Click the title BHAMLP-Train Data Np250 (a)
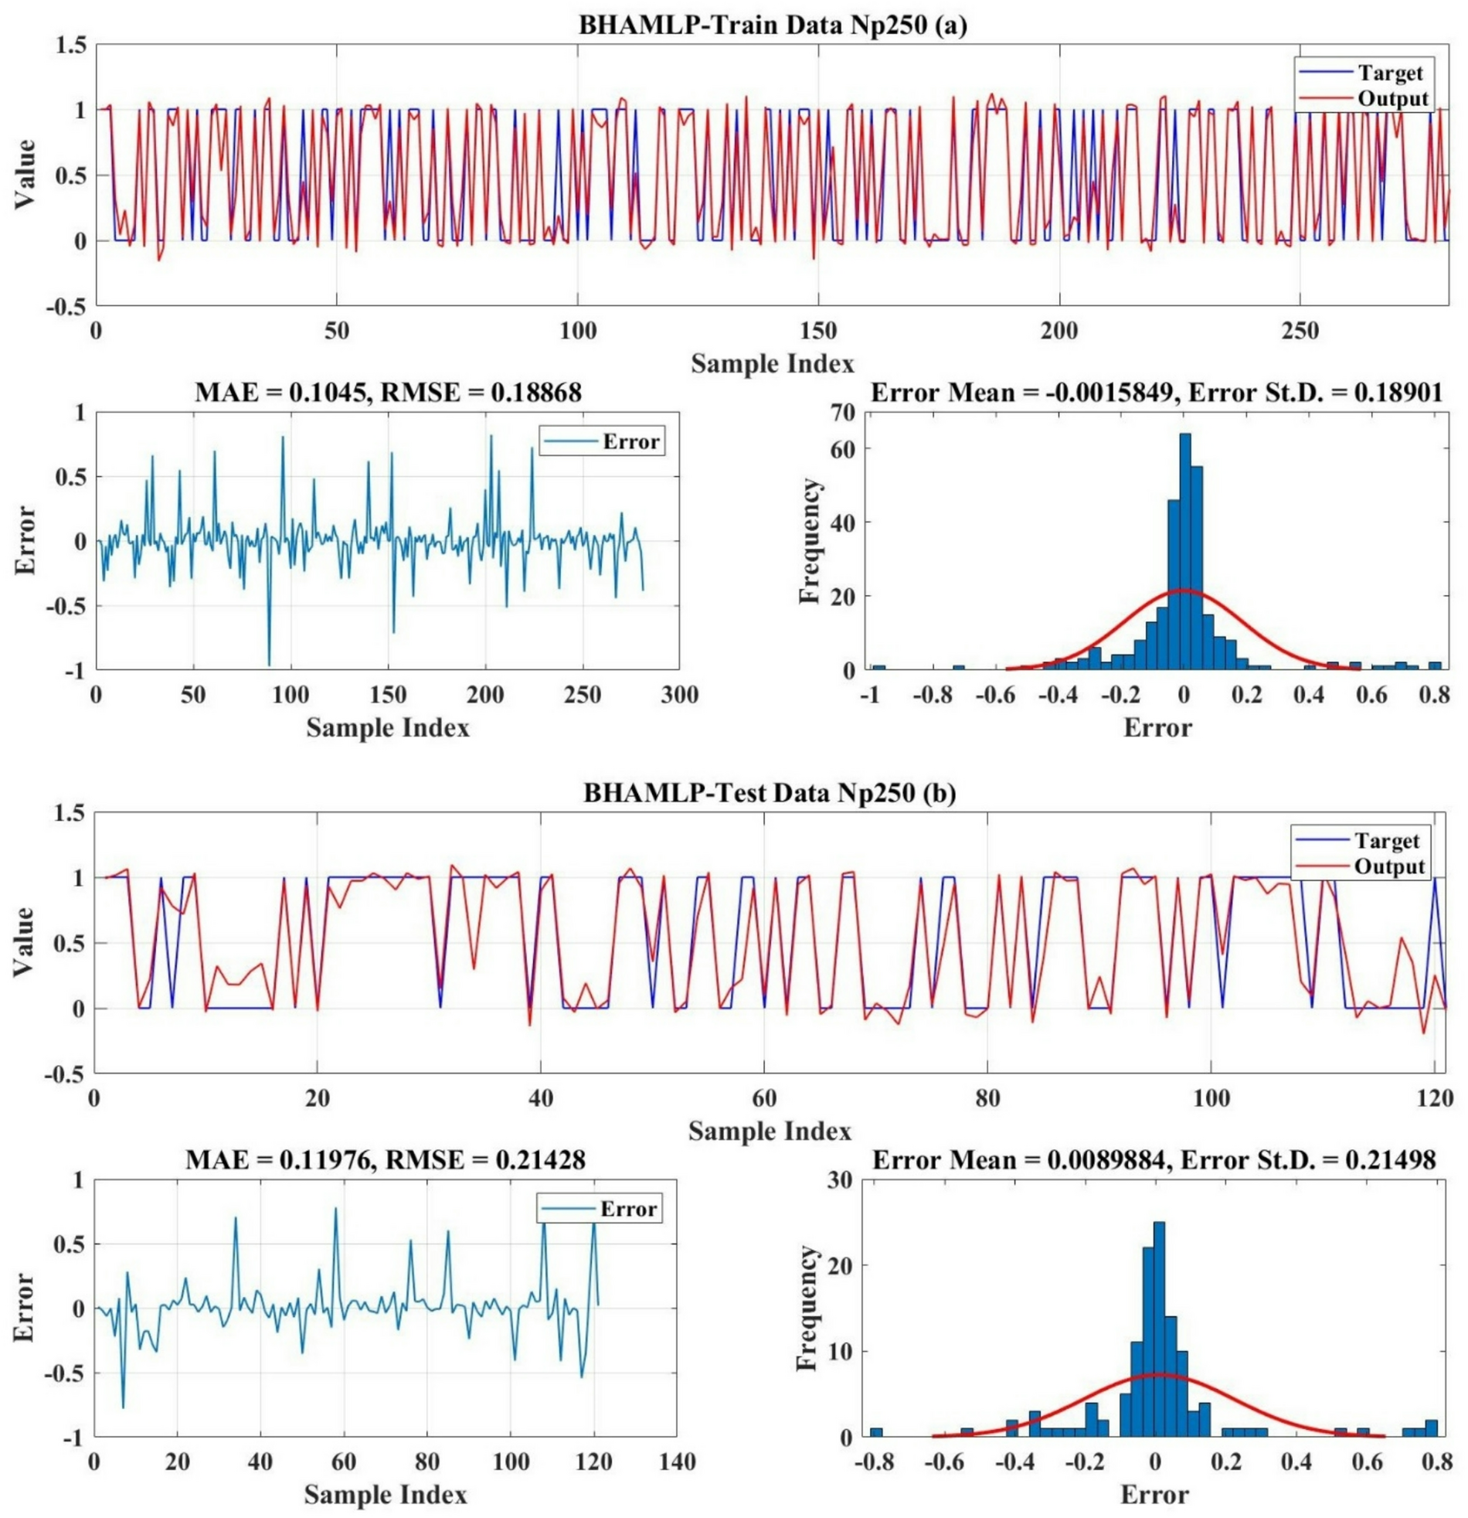pos(772,26)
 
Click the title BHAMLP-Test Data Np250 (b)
pos(769,794)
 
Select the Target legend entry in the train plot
pos(1390,73)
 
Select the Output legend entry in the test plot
pos(1389,866)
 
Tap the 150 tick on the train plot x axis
pos(818,332)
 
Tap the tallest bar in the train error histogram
pos(1184,550)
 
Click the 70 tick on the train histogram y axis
pos(844,414)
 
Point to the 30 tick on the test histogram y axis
pos(841,1180)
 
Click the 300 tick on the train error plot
pos(679,695)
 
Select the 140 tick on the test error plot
pos(676,1462)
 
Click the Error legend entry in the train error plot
pos(630,442)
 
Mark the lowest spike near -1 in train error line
pos(269,663)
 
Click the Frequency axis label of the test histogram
pos(807,1309)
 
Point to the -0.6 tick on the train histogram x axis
pos(997,695)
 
